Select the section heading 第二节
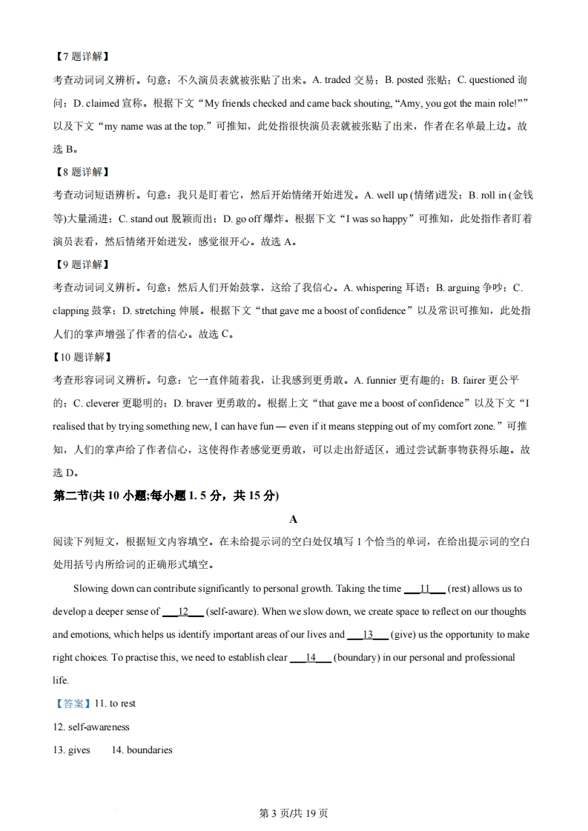(70, 496)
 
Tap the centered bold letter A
(294, 519)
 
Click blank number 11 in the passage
(425, 589)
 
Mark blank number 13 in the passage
(367, 635)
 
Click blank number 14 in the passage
(311, 658)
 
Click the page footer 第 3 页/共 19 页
(294, 813)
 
